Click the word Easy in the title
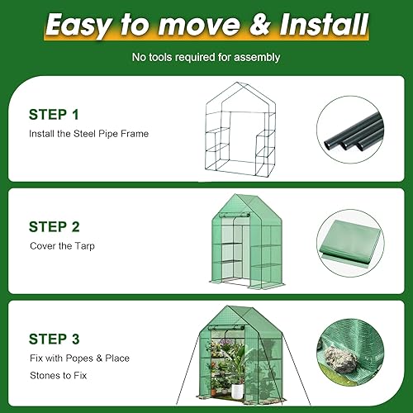82,25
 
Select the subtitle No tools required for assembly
206,58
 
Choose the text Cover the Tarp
61,245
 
